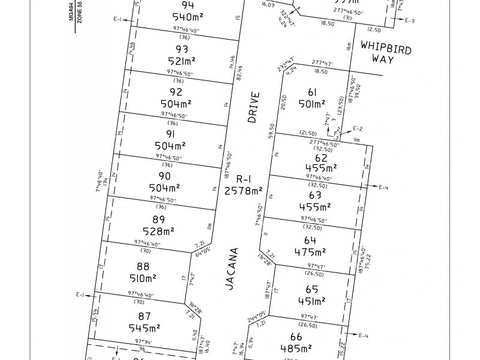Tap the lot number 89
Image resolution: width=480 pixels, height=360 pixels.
[159, 219]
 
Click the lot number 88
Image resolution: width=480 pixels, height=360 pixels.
[143, 266]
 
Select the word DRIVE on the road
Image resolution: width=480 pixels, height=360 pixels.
[255, 107]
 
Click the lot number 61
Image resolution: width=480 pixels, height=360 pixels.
[312, 92]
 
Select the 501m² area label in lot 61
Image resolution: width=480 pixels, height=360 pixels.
[313, 104]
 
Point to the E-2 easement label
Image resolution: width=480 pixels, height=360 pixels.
[358, 128]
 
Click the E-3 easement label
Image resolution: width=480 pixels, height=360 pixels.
[410, 21]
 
